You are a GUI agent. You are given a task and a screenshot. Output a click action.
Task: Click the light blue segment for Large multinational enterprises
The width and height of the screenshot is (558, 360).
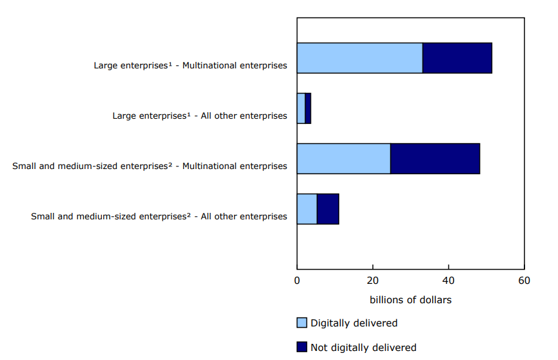point(359,58)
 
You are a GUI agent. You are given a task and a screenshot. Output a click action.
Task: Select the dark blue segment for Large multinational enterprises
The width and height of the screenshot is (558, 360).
point(457,58)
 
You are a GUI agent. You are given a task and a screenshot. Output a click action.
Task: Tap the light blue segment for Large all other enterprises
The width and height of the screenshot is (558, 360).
point(301,108)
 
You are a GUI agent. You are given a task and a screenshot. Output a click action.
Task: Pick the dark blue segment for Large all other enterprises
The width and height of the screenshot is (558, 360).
point(308,108)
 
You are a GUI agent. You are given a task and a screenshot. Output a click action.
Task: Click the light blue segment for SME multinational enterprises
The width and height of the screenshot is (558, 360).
point(343,159)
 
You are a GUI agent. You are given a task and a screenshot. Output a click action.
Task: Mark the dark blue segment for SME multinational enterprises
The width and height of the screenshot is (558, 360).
point(435,159)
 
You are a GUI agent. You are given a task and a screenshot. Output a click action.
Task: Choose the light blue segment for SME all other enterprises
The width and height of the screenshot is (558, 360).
point(307,209)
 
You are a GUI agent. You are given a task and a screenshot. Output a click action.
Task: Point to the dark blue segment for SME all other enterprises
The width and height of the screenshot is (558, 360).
point(328,209)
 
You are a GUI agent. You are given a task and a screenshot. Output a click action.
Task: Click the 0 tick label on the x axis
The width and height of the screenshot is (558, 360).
point(297,281)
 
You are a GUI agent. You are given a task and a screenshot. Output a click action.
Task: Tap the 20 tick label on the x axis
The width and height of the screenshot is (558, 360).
point(372,281)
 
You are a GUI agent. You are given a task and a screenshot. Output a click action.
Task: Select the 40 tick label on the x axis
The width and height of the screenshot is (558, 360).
point(448,281)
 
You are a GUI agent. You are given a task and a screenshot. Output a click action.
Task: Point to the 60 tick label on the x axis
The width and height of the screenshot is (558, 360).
point(524,281)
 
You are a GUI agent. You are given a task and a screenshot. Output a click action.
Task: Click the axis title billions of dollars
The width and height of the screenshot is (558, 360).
point(410,300)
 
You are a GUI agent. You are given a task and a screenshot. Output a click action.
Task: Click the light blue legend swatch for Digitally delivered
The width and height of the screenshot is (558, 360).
point(302,323)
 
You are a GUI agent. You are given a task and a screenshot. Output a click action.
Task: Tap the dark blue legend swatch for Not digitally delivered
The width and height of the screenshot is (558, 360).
point(302,347)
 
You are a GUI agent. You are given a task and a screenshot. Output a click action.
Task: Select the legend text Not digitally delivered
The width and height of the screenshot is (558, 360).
point(363,348)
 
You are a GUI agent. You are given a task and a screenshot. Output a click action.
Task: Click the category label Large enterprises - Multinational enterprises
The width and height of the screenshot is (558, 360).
point(190,66)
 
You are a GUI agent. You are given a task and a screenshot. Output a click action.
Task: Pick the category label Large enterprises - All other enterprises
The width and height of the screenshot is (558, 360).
point(199,116)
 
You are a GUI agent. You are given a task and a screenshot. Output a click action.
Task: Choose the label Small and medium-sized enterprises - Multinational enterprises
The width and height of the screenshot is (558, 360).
point(150,166)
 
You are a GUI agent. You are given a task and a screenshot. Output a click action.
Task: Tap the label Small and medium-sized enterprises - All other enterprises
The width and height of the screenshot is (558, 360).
point(159,217)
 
